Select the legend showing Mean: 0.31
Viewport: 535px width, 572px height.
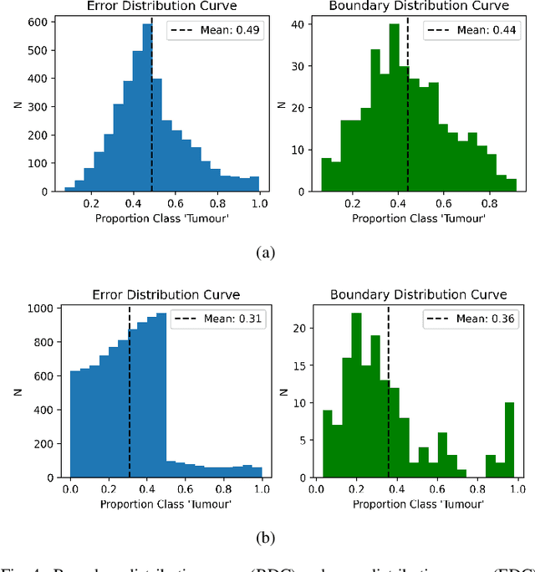point(217,319)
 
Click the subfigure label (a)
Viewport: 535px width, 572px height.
point(267,253)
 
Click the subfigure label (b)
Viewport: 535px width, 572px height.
point(267,538)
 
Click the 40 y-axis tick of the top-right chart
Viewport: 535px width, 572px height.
point(297,24)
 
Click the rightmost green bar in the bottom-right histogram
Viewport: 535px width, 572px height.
point(509,439)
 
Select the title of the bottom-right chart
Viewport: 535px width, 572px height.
point(418,294)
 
